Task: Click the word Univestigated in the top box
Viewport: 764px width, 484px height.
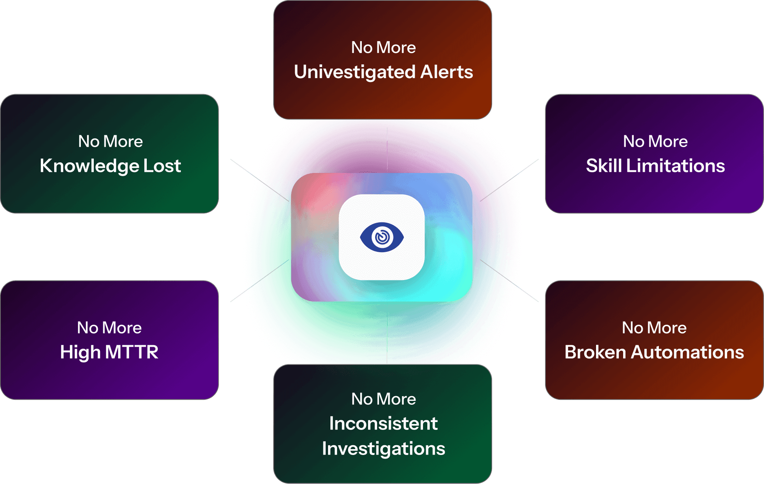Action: coord(355,73)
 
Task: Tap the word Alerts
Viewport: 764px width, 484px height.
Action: coord(447,72)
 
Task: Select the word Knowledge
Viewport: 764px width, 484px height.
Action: coord(89,166)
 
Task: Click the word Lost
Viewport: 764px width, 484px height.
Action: coord(162,166)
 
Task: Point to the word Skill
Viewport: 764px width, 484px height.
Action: coord(604,166)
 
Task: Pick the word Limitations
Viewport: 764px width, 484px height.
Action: coord(675,166)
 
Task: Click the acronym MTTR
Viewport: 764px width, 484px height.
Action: coord(131,352)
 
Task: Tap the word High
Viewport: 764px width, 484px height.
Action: coord(80,353)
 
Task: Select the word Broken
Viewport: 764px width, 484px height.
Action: coord(595,352)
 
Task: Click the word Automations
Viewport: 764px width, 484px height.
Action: coord(687,352)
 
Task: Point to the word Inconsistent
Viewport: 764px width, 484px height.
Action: coord(383,424)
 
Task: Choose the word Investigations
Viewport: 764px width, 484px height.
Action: coord(383,449)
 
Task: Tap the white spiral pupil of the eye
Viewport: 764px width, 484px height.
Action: coord(382,237)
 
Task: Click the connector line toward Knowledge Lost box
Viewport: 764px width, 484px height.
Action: coord(245,169)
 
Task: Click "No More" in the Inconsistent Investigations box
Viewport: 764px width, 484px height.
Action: coord(383,399)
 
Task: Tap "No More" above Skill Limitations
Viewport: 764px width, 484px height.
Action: coord(655,142)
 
